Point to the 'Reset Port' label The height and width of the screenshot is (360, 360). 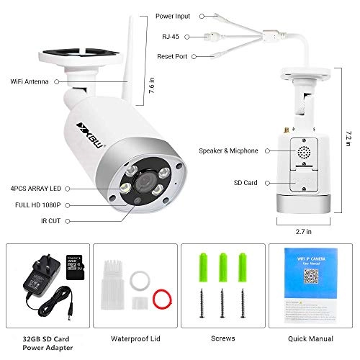click(x=176, y=55)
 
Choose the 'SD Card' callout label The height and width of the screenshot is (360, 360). click(x=247, y=184)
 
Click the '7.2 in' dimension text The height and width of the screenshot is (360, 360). click(x=348, y=135)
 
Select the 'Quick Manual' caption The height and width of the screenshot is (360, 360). click(x=310, y=336)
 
